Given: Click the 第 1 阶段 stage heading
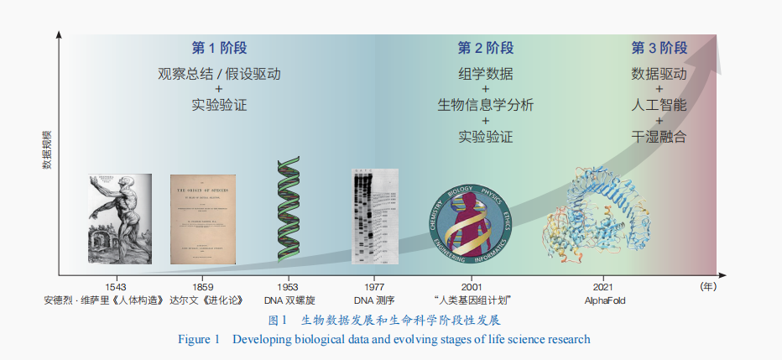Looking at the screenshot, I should point(219,48).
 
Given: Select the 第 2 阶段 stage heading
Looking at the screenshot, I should point(485,48).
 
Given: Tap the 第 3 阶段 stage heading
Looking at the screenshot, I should point(659,48).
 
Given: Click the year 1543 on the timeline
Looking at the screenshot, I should point(116,286).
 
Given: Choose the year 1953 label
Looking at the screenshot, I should point(288,286).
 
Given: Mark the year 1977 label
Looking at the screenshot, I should point(374,286).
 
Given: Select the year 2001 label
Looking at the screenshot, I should point(472,286).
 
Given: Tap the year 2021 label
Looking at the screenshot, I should point(605,286).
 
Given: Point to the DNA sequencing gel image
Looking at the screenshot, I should point(374,217).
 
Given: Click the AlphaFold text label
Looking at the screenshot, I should point(605,300).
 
